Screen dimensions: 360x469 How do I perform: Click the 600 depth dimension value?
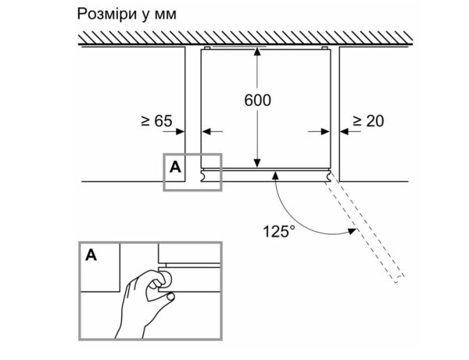(258, 101)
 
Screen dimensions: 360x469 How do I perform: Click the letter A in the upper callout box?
(175, 167)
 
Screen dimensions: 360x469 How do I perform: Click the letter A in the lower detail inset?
(92, 255)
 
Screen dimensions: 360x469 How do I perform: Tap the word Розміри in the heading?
(105, 15)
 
